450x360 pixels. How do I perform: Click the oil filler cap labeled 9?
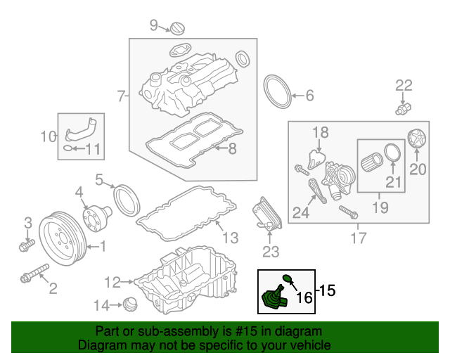[177, 28]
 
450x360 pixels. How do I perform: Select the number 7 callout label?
[121, 95]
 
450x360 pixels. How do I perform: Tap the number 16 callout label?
[304, 297]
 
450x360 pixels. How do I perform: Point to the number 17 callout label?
[358, 238]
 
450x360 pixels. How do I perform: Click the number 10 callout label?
[47, 136]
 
